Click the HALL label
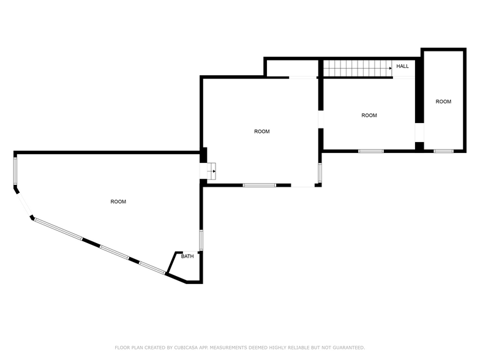(402, 66)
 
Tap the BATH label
(187, 257)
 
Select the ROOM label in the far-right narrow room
(443, 102)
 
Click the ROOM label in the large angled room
(118, 202)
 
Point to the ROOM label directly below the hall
(369, 116)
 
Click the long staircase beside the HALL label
(357, 69)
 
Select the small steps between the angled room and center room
(211, 171)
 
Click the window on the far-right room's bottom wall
(443, 151)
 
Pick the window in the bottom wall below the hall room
(371, 151)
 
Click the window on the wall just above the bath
(201, 239)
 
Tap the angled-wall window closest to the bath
(152, 268)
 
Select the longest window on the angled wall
(58, 230)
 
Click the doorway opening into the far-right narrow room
(419, 133)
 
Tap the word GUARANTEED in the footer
(346, 347)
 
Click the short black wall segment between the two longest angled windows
(91, 242)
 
